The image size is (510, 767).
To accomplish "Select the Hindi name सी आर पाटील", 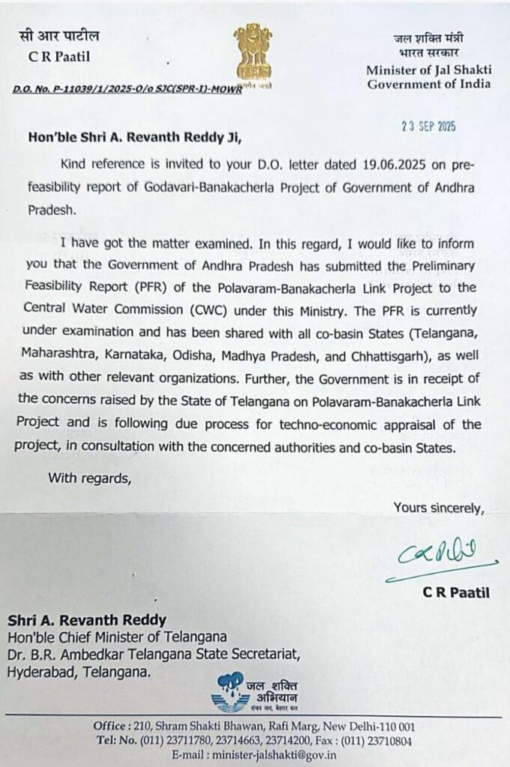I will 59,36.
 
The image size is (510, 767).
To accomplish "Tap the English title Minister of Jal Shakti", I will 428,70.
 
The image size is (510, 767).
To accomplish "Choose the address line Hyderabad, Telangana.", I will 79,672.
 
